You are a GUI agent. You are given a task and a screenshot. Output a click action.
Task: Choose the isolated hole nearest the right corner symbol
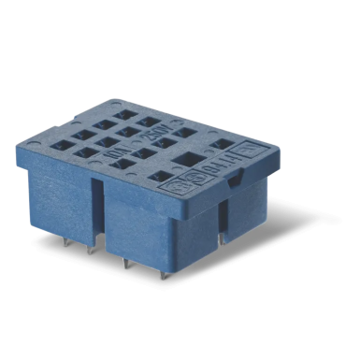[223, 144]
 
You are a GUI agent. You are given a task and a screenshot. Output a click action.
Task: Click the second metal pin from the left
[92, 251]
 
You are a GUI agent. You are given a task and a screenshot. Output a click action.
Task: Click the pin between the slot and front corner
[124, 263]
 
